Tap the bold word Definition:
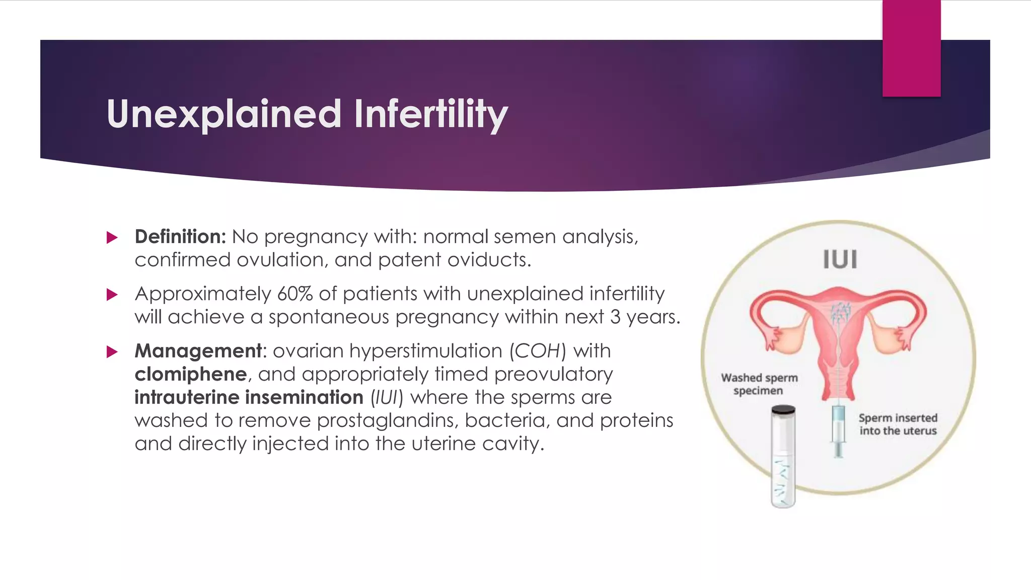[x=180, y=237]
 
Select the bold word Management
[x=198, y=351]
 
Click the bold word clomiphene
[x=190, y=374]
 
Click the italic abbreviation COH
[x=538, y=351]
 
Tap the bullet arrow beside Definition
[x=112, y=238]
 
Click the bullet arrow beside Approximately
[x=112, y=295]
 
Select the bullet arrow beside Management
[x=112, y=351]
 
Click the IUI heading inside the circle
[x=840, y=260]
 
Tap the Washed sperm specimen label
[x=759, y=384]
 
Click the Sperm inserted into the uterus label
[x=898, y=424]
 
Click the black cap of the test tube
[x=783, y=410]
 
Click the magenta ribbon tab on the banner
[x=911, y=48]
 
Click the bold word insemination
[x=304, y=398]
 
